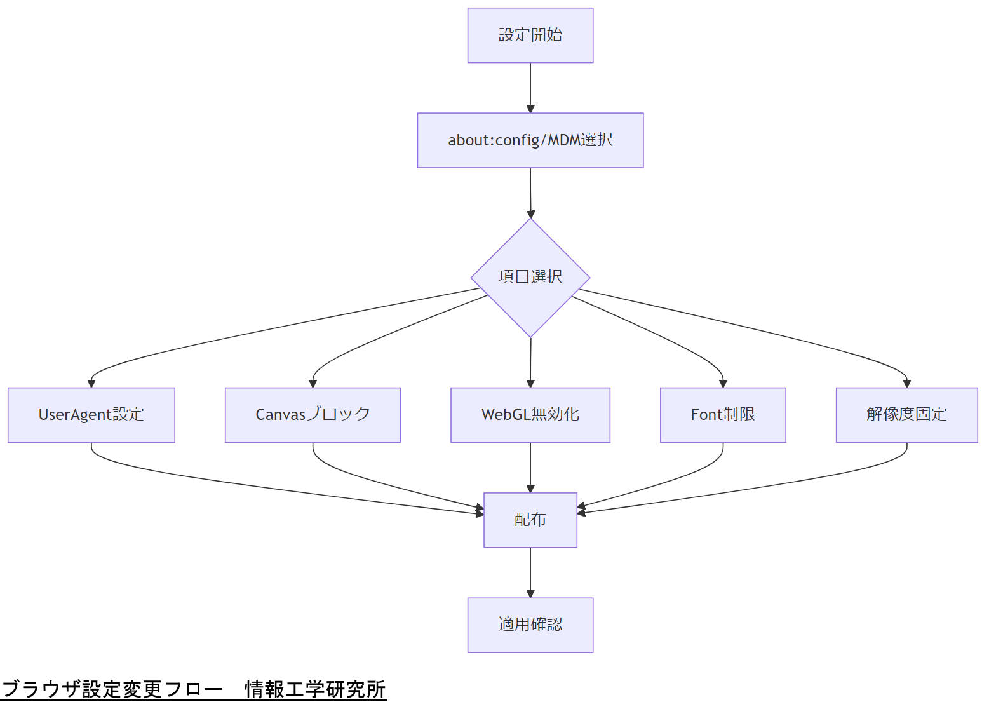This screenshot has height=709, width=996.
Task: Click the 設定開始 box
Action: pyautogui.click(x=530, y=36)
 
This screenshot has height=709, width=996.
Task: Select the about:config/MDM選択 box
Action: pyautogui.click(x=530, y=140)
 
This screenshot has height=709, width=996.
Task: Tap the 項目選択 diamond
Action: pyautogui.click(x=530, y=278)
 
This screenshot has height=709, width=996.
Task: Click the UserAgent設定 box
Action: pyautogui.click(x=91, y=415)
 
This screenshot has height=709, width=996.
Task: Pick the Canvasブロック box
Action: pyautogui.click(x=313, y=415)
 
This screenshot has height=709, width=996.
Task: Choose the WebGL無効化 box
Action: pyautogui.click(x=530, y=415)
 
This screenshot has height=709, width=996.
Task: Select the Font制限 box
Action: pyautogui.click(x=723, y=415)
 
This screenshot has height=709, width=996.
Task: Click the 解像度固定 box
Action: pyautogui.click(x=906, y=415)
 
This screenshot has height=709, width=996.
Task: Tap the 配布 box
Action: pyautogui.click(x=530, y=520)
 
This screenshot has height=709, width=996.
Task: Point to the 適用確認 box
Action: pyautogui.click(x=530, y=625)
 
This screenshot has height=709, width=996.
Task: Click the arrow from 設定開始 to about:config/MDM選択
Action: pyautogui.click(x=530, y=88)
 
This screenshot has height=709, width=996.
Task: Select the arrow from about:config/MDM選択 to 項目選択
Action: pyautogui.click(x=530, y=192)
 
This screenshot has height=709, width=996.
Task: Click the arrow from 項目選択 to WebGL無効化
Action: pyautogui.click(x=530, y=362)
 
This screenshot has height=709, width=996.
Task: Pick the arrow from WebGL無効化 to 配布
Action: pyautogui.click(x=530, y=467)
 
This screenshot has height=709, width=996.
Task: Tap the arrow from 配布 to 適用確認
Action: pyautogui.click(x=530, y=572)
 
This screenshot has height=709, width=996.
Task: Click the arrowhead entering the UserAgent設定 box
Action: pyautogui.click(x=91, y=383)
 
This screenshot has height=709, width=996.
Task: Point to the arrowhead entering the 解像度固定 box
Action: pyautogui.click(x=907, y=383)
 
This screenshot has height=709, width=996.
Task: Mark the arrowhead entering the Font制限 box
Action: pyautogui.click(x=723, y=383)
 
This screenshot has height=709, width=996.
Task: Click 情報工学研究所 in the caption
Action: pyautogui.click(x=315, y=689)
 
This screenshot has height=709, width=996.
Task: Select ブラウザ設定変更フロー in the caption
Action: pyautogui.click(x=112, y=689)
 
